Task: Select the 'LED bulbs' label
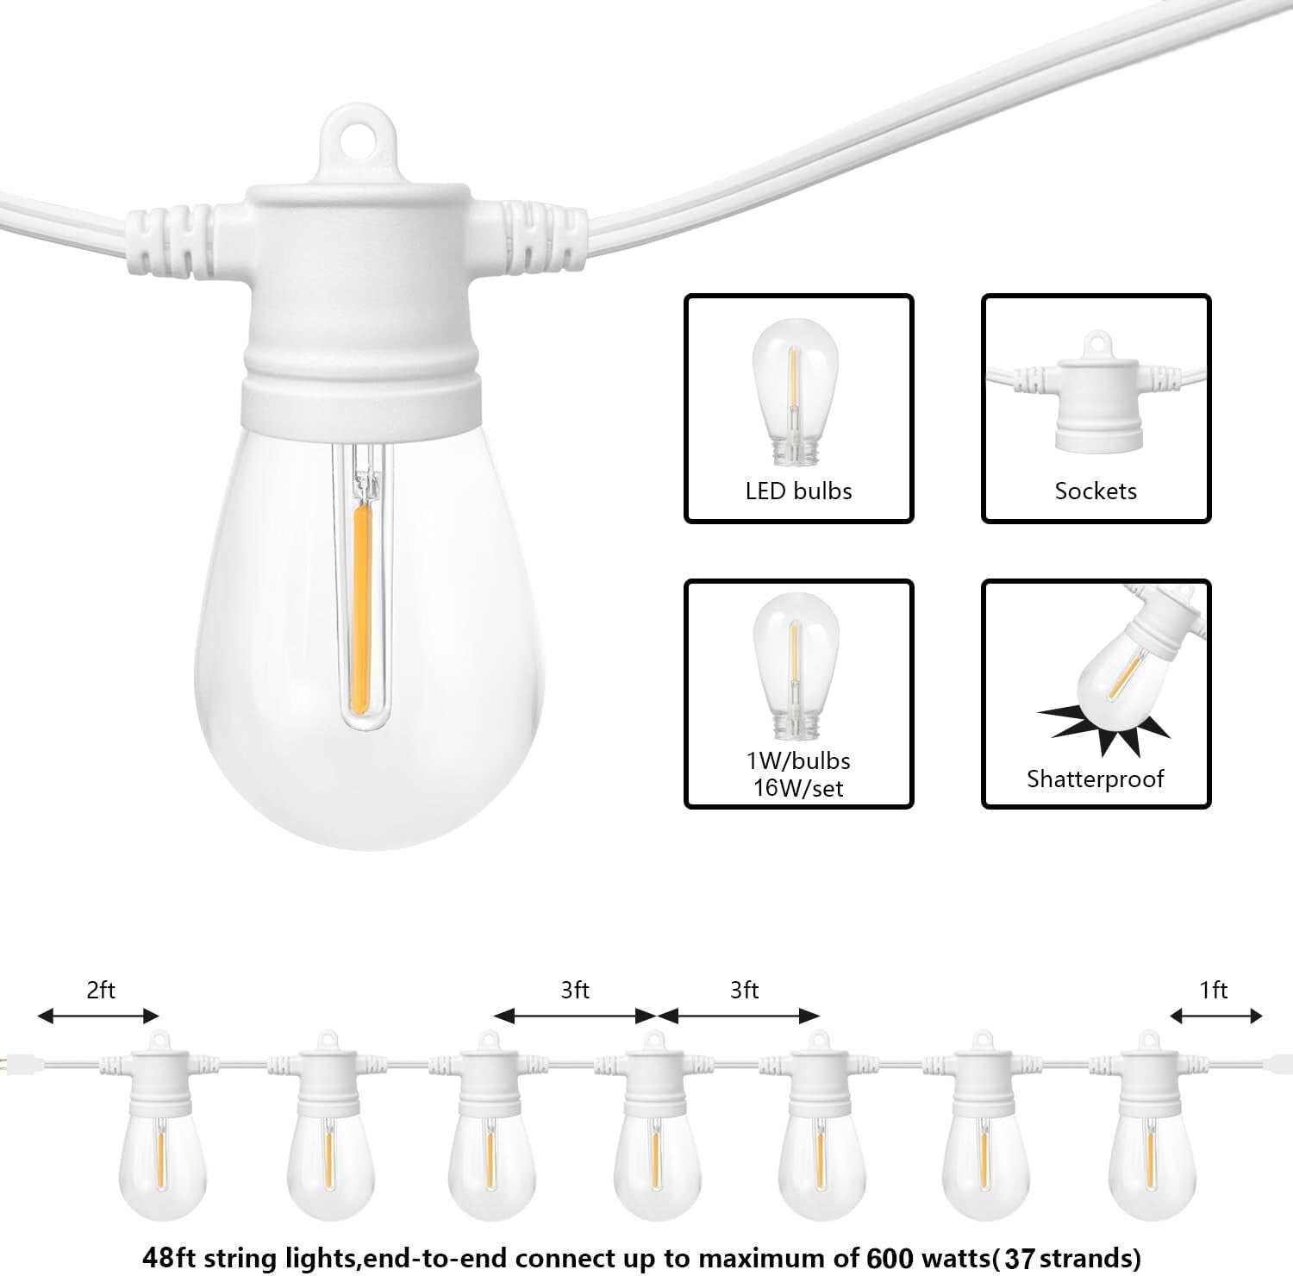[x=798, y=491]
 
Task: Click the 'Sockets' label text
[x=1096, y=491]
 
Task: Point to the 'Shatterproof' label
[x=1095, y=779]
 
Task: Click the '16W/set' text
[x=798, y=788]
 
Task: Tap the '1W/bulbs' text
[x=798, y=761]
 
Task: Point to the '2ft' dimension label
[x=101, y=991]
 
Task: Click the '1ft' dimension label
[x=1214, y=991]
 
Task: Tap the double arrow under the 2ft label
[x=98, y=1016]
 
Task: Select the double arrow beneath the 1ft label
[x=1216, y=1016]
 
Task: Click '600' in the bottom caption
[x=890, y=1258]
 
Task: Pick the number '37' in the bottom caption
[x=1019, y=1259]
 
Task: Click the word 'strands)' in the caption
[x=1091, y=1258]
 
